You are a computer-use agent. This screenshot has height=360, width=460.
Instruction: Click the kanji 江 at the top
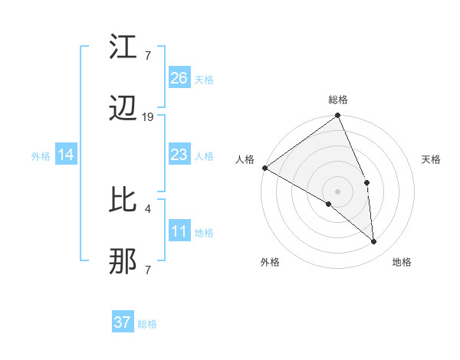[123, 47]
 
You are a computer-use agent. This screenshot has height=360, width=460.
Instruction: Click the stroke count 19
[148, 117]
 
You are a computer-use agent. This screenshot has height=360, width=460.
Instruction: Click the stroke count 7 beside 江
[148, 55]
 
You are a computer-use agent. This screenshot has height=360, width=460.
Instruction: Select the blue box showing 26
[179, 78]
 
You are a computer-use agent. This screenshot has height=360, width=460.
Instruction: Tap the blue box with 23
[179, 155]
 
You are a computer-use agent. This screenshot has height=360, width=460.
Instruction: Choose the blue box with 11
[179, 232]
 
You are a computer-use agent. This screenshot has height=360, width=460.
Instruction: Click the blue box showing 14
[66, 155]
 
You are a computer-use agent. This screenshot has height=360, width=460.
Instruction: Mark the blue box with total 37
[123, 322]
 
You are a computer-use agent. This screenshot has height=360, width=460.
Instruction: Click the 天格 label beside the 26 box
[204, 79]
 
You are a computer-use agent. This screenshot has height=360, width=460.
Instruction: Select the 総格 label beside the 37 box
[148, 324]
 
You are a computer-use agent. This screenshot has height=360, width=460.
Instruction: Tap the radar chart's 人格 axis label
[245, 159]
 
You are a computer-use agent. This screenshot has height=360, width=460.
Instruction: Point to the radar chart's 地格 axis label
[402, 262]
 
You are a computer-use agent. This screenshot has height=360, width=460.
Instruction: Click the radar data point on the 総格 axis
[337, 116]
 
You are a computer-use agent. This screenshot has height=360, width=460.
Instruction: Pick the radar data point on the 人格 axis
[264, 168]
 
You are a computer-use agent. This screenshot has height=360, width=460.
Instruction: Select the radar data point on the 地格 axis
[374, 242]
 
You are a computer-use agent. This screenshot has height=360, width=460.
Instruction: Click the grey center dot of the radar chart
[337, 191]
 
